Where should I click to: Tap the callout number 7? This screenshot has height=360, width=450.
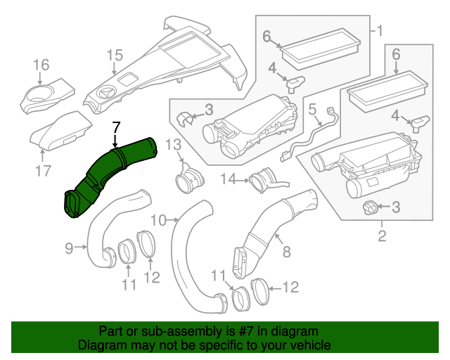pyautogui.click(x=116, y=127)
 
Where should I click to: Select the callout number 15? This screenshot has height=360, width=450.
pyautogui.click(x=115, y=54)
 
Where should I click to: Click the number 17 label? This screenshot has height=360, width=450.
pyautogui.click(x=43, y=170)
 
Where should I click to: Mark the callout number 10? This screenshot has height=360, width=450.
pyautogui.click(x=158, y=220)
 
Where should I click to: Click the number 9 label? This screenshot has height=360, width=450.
pyautogui.click(x=69, y=247)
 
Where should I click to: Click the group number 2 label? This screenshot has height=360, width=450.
pyautogui.click(x=382, y=236)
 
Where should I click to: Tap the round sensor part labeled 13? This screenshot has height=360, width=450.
pyautogui.click(x=187, y=179)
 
